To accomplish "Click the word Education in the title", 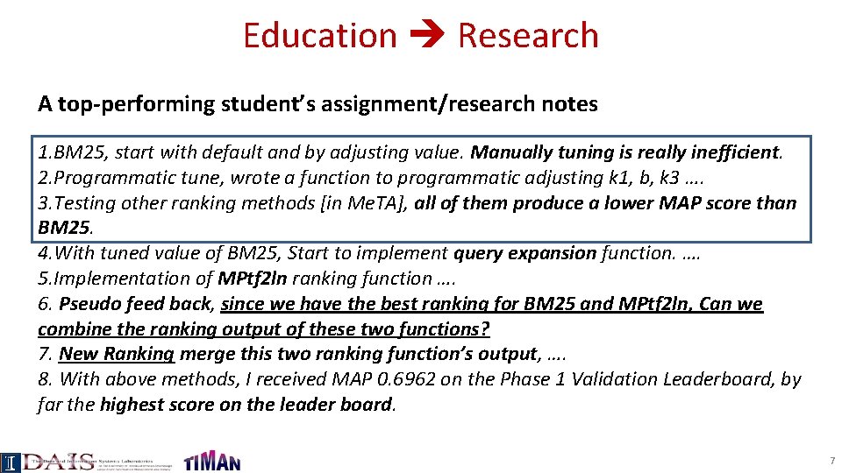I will click(319, 36).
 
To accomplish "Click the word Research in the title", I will click(528, 36).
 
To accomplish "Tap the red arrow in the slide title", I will click(427, 37).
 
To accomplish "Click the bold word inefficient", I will click(738, 152).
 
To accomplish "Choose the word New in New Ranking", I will click(78, 354).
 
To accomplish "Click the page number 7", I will click(831, 461).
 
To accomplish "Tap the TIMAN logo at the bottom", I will click(211, 462).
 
